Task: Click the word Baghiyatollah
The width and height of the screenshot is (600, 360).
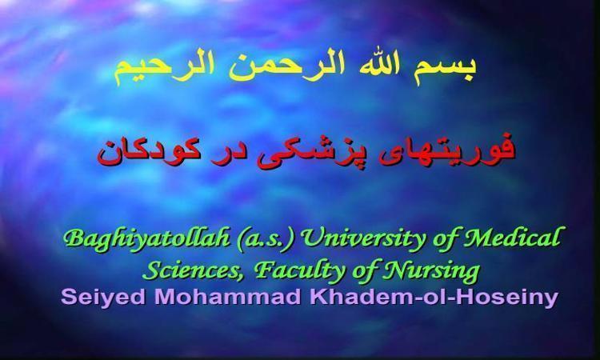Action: (x=146, y=238)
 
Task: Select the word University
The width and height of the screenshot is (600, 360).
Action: (x=363, y=238)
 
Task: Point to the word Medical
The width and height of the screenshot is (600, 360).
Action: (x=513, y=238)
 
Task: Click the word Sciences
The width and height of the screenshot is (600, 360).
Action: (x=195, y=270)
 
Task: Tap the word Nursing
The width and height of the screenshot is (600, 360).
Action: (x=431, y=271)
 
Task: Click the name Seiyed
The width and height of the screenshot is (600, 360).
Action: (x=103, y=297)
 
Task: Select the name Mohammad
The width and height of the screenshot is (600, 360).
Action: (x=228, y=296)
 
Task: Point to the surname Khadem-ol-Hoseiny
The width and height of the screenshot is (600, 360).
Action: (x=434, y=297)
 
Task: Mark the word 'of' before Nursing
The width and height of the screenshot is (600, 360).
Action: (x=364, y=271)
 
